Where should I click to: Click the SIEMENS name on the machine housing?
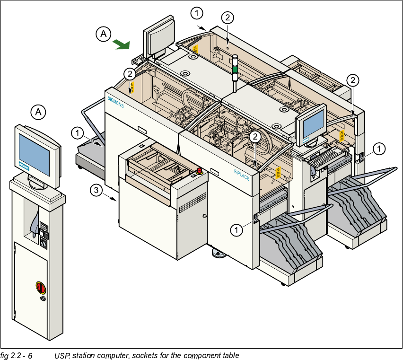(x=115, y=102)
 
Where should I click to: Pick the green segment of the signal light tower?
(x=235, y=71)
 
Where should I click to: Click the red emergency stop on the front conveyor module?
(x=199, y=170)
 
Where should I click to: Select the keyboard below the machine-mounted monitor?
(x=324, y=156)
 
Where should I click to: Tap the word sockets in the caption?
(x=143, y=355)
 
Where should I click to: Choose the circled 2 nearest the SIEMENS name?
(x=129, y=73)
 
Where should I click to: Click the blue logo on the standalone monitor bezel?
(x=24, y=167)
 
